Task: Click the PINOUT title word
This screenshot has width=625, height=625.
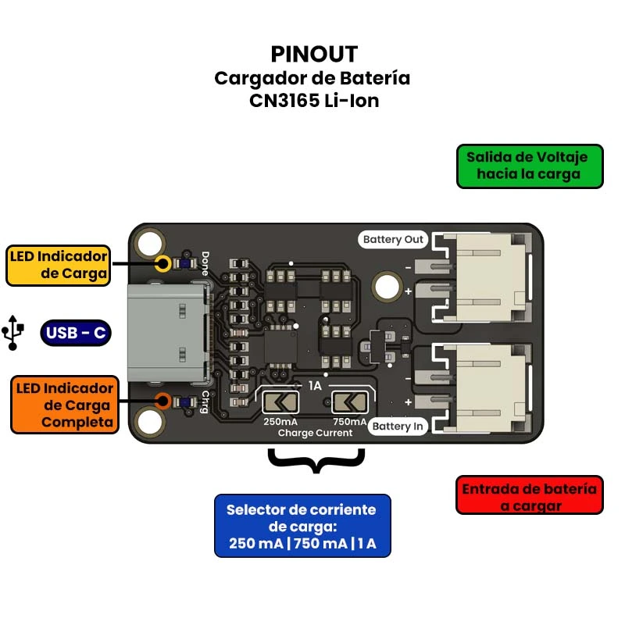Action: (314, 54)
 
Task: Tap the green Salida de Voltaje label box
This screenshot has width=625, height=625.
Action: (530, 166)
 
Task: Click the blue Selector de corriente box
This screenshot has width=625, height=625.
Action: (302, 526)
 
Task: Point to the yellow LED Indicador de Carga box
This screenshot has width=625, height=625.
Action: (58, 265)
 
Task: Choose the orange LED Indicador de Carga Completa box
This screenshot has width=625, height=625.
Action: (62, 405)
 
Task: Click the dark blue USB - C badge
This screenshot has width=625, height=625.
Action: (75, 334)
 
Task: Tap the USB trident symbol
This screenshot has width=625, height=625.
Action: (12, 331)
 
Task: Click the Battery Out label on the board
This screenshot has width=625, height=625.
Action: (393, 239)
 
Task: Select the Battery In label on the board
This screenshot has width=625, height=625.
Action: (398, 426)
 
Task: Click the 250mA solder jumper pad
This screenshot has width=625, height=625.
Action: (279, 402)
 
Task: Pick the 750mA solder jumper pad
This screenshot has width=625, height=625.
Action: (349, 402)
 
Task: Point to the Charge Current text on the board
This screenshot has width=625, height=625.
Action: (315, 433)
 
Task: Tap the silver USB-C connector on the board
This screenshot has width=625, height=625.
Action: (168, 334)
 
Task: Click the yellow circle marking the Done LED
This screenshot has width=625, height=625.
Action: (163, 262)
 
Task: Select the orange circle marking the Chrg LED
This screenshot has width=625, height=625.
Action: (163, 402)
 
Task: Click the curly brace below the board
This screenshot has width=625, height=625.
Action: (316, 460)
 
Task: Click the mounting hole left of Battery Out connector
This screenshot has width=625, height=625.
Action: (385, 287)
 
